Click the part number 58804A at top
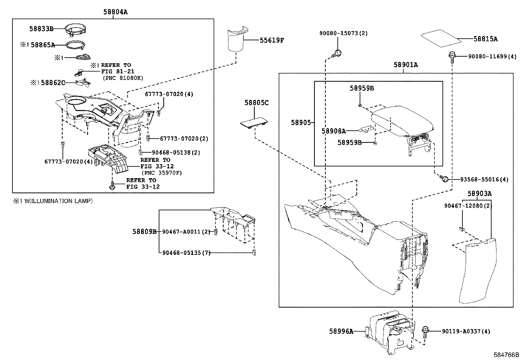pyautogui.click(x=115, y=12)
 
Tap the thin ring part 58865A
pyautogui.click(x=75, y=45)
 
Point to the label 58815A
pyautogui.click(x=485, y=39)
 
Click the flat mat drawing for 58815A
pyautogui.click(x=441, y=38)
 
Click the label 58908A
pyautogui.click(x=333, y=131)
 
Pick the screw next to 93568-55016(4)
pyautogui.click(x=444, y=179)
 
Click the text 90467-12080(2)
pyautogui.click(x=468, y=206)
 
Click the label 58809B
pyautogui.click(x=144, y=232)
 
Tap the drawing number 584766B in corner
pyautogui.click(x=506, y=355)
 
